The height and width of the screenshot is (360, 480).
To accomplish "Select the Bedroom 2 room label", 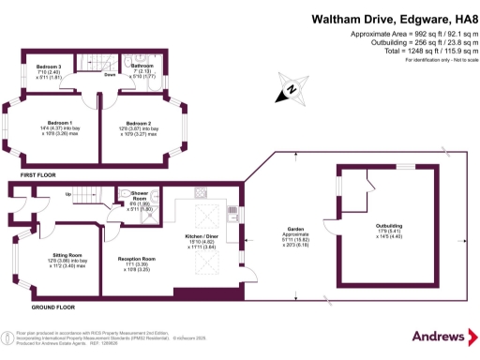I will [139, 123].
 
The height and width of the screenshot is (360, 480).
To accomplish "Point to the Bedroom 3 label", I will [49, 67].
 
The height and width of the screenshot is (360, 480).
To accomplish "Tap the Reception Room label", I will [137, 258].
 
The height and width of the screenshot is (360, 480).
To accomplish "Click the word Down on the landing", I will [110, 73].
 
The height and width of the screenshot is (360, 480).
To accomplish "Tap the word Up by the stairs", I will [67, 194].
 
